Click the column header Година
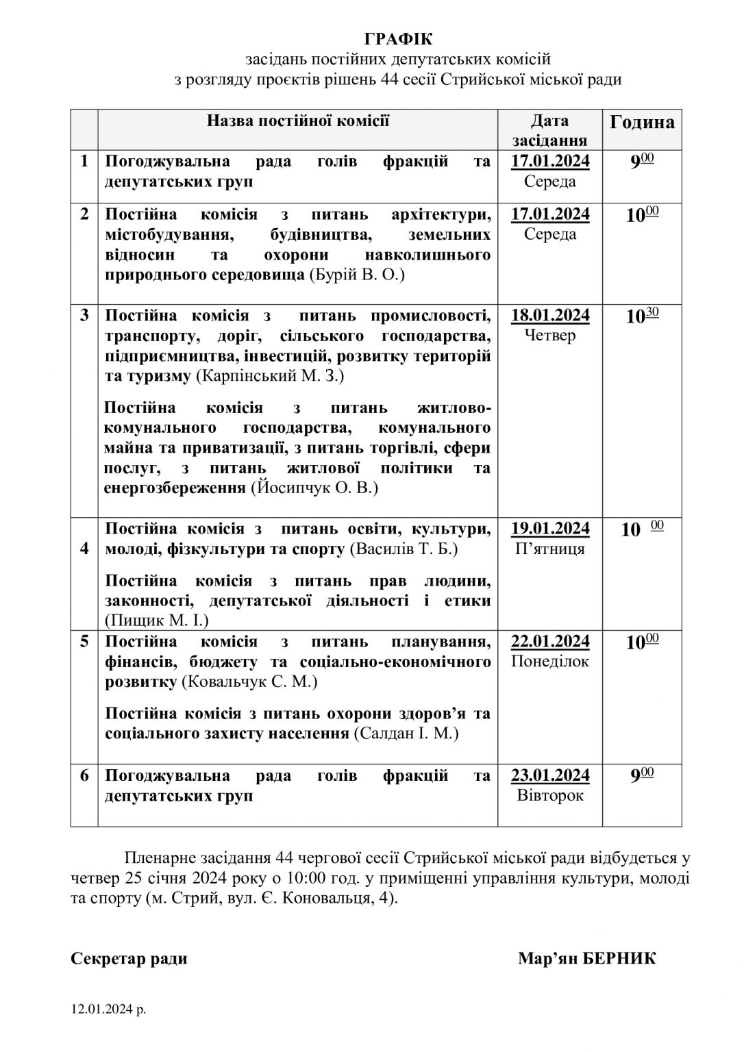(x=642, y=122)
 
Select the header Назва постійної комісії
(x=298, y=121)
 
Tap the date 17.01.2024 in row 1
(x=550, y=162)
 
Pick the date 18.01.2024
(x=550, y=316)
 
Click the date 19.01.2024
(x=550, y=529)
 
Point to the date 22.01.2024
(x=550, y=642)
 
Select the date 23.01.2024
(x=550, y=775)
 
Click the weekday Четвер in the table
(x=550, y=336)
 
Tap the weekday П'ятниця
(x=550, y=549)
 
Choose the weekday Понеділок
(x=550, y=662)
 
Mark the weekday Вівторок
(x=550, y=796)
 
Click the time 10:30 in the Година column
(x=642, y=316)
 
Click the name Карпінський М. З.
(x=271, y=377)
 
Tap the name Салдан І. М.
(x=406, y=734)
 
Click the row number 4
(x=84, y=549)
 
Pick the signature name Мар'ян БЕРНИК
(x=586, y=958)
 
